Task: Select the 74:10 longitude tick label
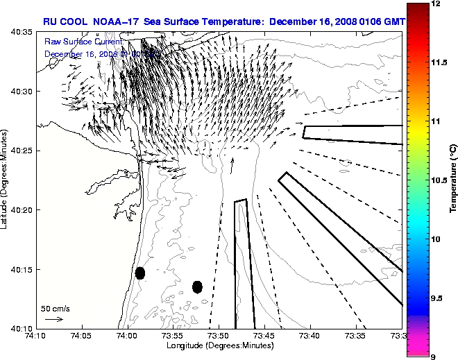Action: click(x=37, y=336)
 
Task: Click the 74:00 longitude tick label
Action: click(x=128, y=336)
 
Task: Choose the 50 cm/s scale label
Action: click(x=55, y=308)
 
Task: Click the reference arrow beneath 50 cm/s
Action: click(x=54, y=319)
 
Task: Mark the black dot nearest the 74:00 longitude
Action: click(x=140, y=273)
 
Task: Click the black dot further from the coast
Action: click(x=197, y=286)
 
